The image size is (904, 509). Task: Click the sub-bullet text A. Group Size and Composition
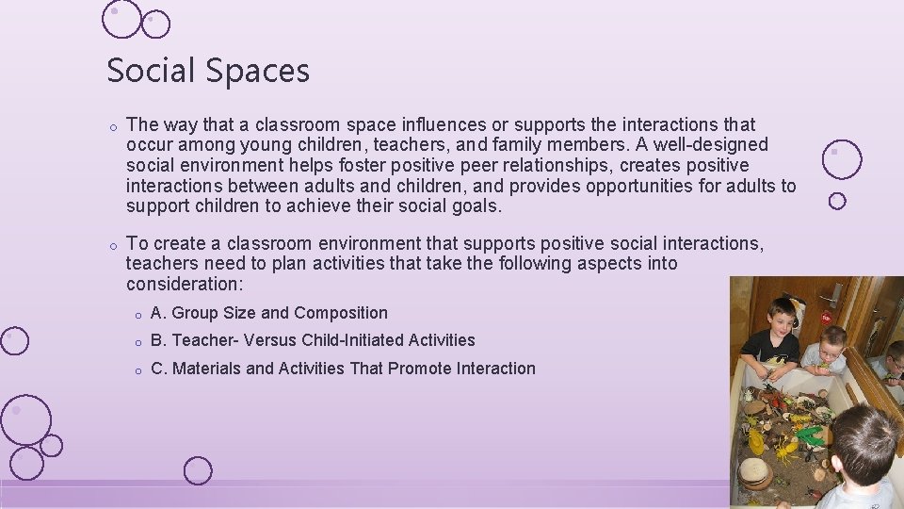click(269, 313)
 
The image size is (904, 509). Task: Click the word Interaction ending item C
click(495, 369)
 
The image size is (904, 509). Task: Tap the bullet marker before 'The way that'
click(111, 125)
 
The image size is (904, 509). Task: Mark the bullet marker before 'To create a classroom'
click(111, 245)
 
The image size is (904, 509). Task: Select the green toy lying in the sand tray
click(808, 435)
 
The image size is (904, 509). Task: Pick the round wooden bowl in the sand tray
click(753, 470)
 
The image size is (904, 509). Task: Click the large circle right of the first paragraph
click(841, 160)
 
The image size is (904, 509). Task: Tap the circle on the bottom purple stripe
click(198, 470)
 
